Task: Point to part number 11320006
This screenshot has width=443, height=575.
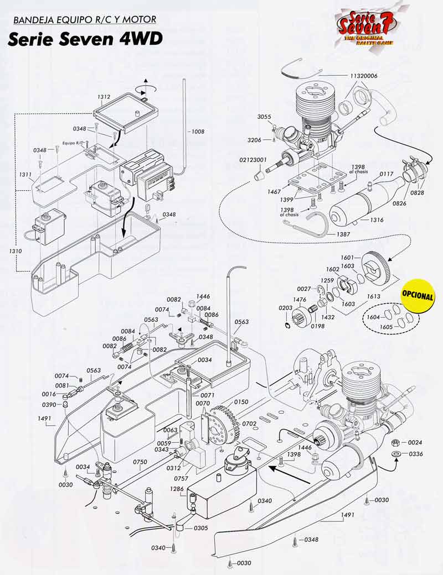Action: click(x=366, y=75)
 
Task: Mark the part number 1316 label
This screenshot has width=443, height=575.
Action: click(x=377, y=219)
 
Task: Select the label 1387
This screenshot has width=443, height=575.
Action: click(x=343, y=234)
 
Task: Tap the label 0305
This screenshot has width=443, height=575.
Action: click(x=201, y=528)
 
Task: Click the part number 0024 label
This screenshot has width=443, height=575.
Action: click(x=415, y=443)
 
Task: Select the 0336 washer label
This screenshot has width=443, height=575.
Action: click(x=415, y=454)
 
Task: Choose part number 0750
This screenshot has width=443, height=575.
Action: click(x=140, y=462)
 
